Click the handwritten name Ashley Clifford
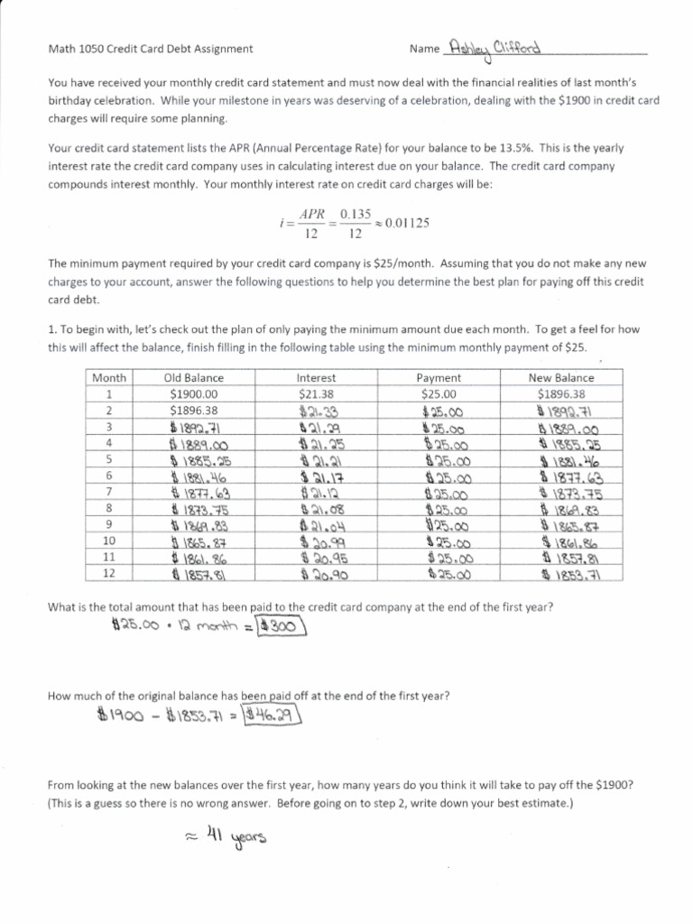click(x=498, y=48)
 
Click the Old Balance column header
click(x=193, y=378)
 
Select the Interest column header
click(x=316, y=378)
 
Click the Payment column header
click(x=439, y=378)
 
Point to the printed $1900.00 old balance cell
click(x=193, y=394)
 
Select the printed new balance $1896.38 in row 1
click(x=560, y=394)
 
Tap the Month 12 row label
click(x=109, y=573)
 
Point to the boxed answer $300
click(x=281, y=625)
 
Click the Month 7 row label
click(x=109, y=492)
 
